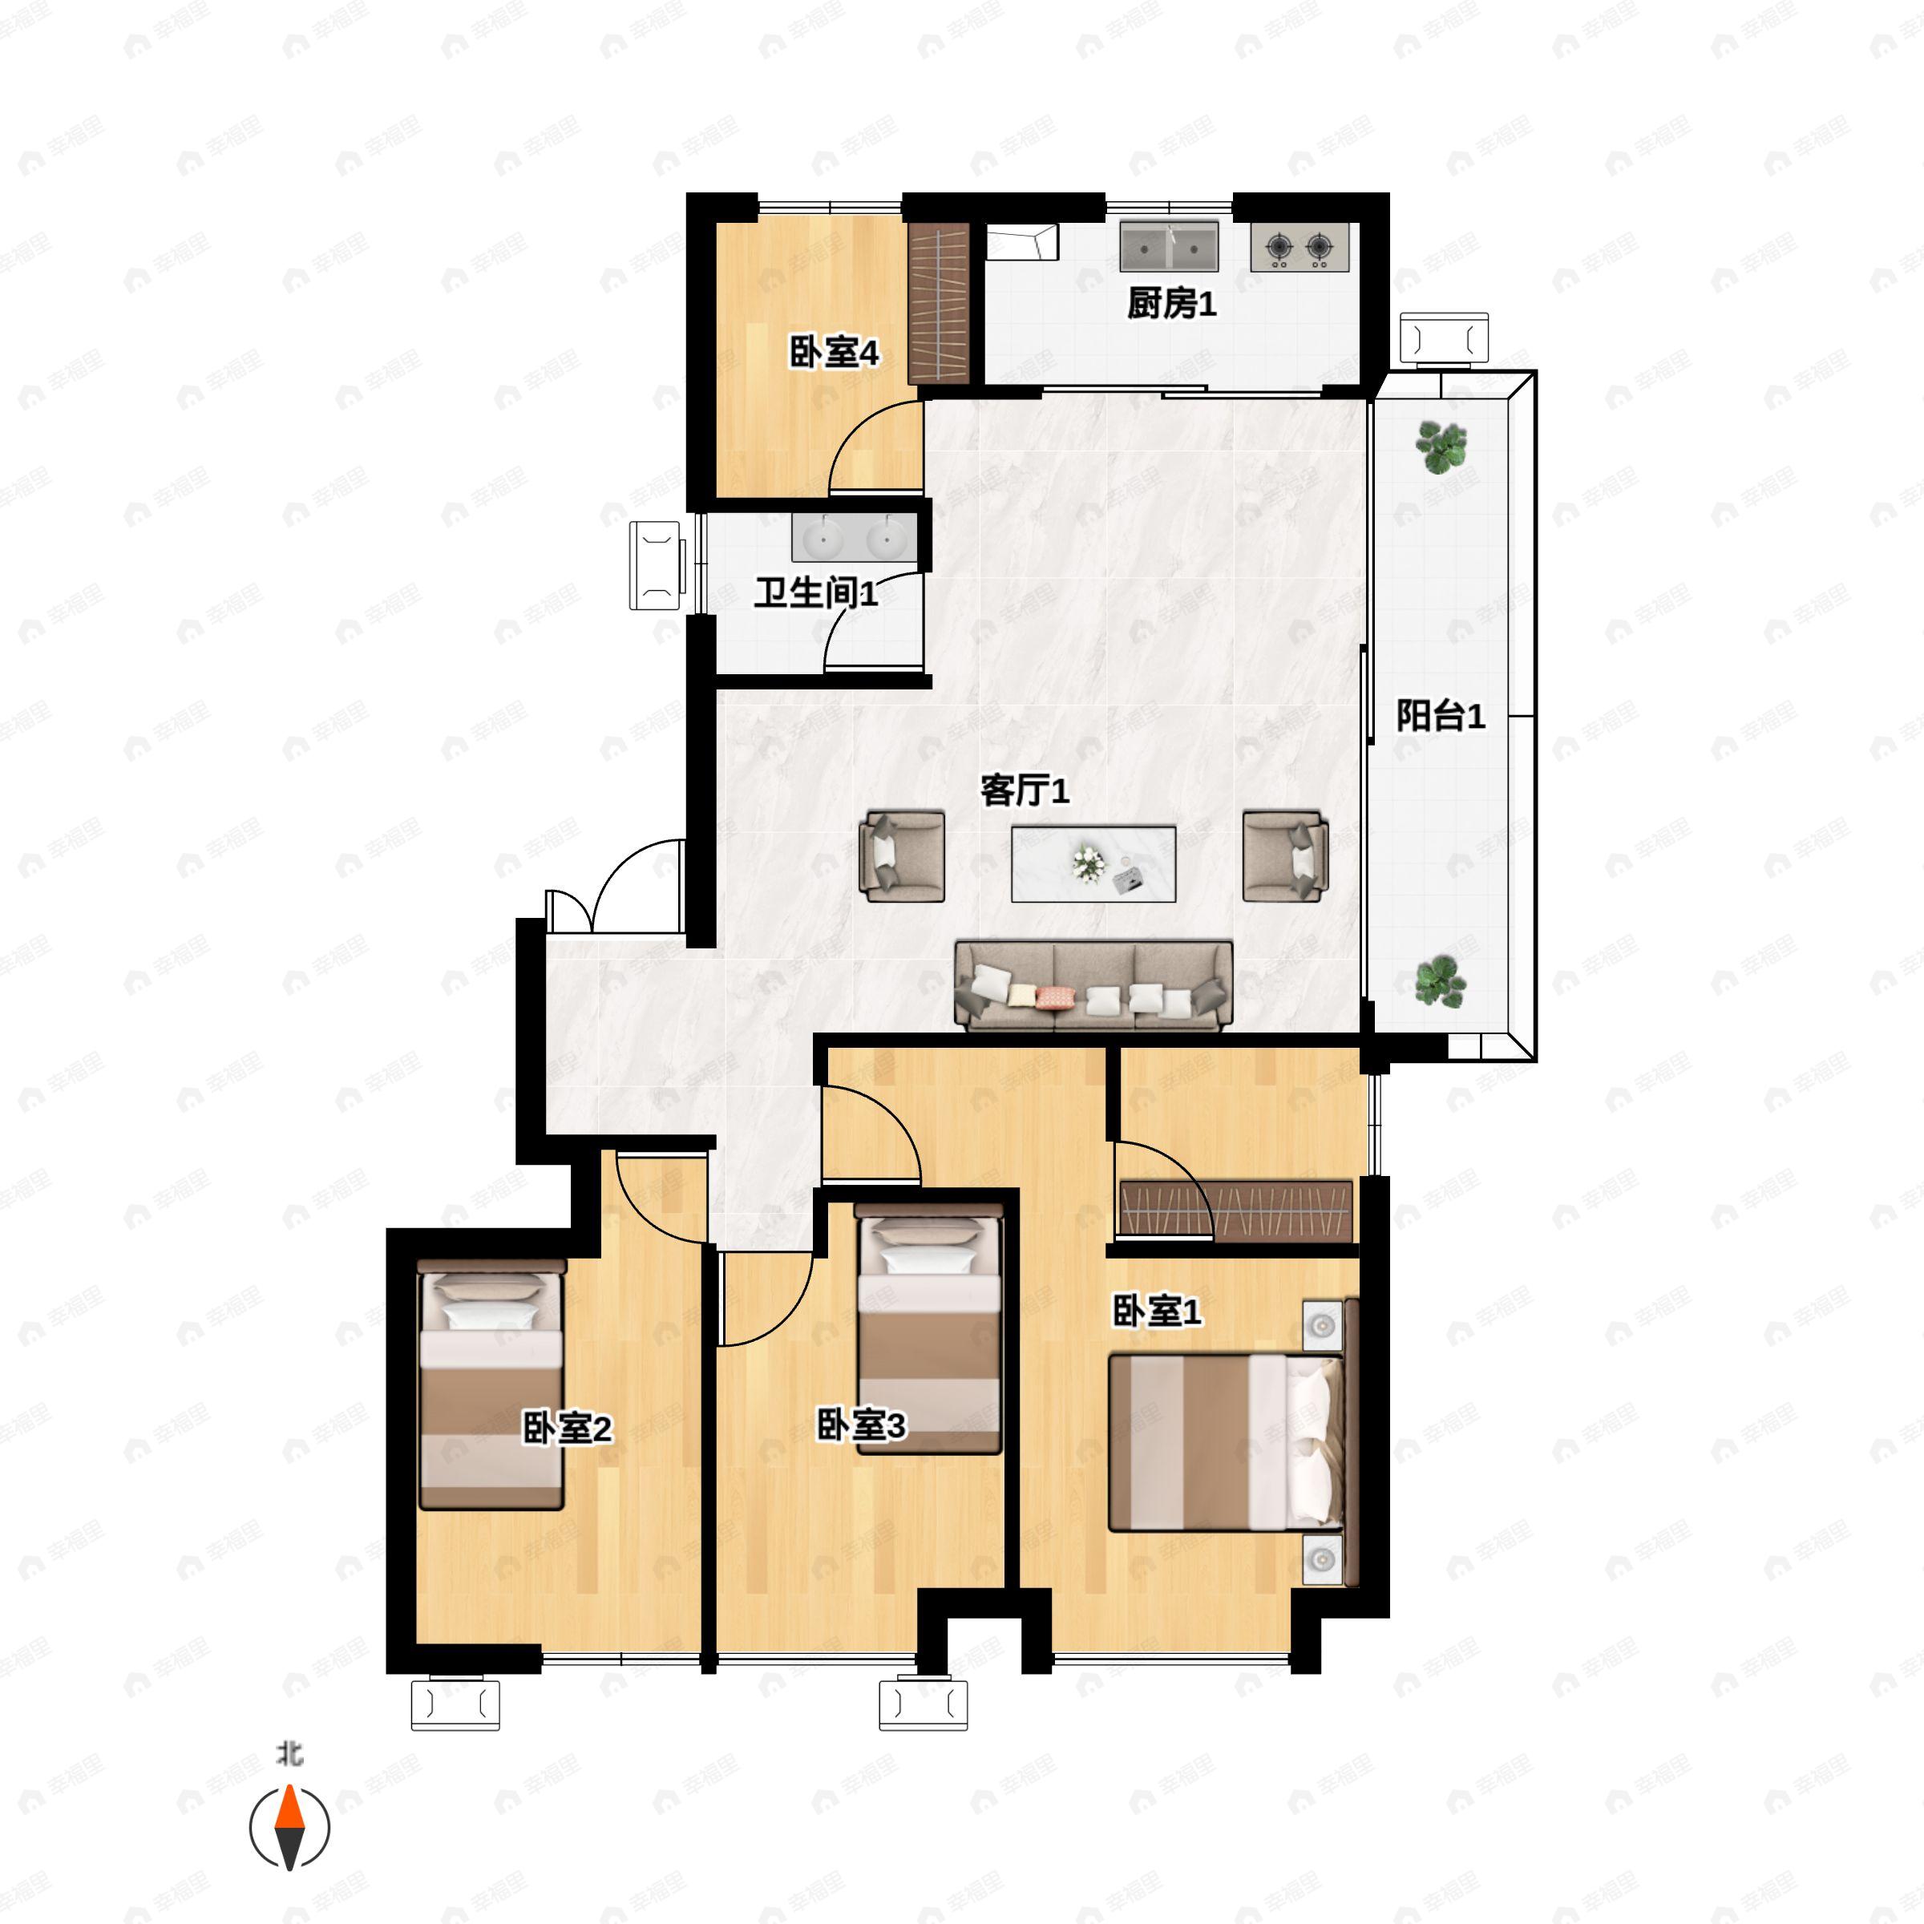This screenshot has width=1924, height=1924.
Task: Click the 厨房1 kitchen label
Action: pos(1171,304)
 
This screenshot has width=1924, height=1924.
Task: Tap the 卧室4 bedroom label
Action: pos(834,353)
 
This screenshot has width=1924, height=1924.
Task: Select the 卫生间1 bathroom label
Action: pos(815,593)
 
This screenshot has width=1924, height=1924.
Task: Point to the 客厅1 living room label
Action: pos(1025,790)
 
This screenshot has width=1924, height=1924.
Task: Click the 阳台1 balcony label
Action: pos(1440,715)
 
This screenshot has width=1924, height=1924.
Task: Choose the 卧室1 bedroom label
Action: pos(1156,1312)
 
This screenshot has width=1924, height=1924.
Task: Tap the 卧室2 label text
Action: pos(567,1429)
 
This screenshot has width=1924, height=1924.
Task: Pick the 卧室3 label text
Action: pos(860,1425)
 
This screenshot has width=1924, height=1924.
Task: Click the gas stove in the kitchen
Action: pos(1300,247)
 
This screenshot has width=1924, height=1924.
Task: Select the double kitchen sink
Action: pos(1169,246)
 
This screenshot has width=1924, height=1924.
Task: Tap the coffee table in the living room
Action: pos(1093,863)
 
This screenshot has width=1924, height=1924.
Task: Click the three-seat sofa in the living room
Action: pos(1093,985)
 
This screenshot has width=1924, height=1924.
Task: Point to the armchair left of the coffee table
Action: pos(902,856)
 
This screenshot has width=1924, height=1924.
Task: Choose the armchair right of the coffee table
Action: pos(1284,856)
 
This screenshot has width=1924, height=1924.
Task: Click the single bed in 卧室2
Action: pos(491,1384)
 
